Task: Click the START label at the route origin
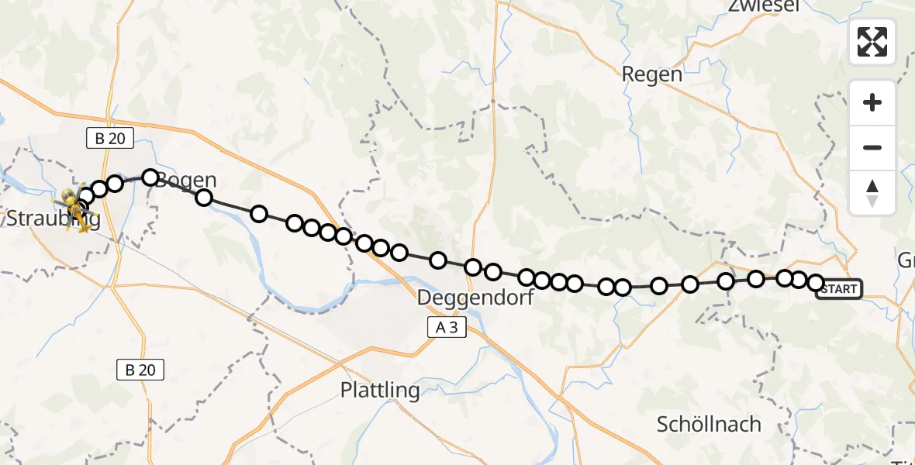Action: pyautogui.click(x=839, y=289)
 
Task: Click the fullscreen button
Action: pyautogui.click(x=872, y=42)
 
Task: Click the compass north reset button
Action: pyautogui.click(x=872, y=192)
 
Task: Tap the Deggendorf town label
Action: pyautogui.click(x=475, y=297)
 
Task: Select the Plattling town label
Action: pyautogui.click(x=380, y=390)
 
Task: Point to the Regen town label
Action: pyautogui.click(x=652, y=74)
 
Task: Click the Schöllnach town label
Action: pyautogui.click(x=709, y=425)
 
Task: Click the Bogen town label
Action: pyautogui.click(x=186, y=181)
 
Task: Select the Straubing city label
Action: pyautogui.click(x=53, y=219)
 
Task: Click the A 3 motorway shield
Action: pyautogui.click(x=447, y=328)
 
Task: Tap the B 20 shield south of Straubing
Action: pyautogui.click(x=140, y=370)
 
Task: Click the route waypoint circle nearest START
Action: pyautogui.click(x=816, y=284)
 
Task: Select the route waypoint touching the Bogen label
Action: pyautogui.click(x=150, y=177)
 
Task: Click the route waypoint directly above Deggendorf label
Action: pyautogui.click(x=473, y=267)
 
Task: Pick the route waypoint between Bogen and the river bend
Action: pyautogui.click(x=204, y=198)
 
